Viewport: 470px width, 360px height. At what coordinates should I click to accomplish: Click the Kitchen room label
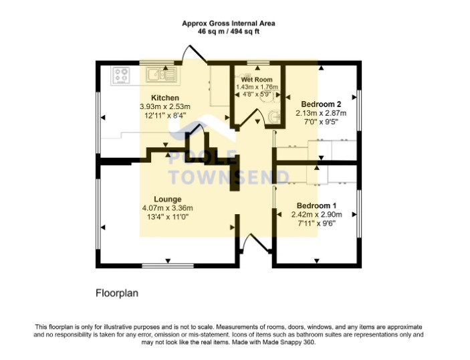(165, 98)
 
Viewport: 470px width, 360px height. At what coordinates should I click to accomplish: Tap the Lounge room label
(168, 199)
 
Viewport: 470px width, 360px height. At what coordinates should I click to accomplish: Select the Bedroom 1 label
(316, 206)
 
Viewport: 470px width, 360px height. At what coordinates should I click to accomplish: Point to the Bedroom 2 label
(321, 104)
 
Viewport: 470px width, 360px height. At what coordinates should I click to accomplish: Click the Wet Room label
(257, 80)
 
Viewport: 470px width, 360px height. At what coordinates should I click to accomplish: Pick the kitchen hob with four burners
(122, 75)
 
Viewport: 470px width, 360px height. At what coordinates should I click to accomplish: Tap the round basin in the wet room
(273, 116)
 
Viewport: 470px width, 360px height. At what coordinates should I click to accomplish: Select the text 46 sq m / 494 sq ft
(229, 31)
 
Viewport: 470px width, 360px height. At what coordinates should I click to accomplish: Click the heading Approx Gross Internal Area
(229, 23)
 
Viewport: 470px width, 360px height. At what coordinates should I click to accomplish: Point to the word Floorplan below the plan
(117, 293)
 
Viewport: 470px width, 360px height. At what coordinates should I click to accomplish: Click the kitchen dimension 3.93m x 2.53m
(165, 106)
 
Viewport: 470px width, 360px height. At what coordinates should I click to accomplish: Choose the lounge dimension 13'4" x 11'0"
(168, 217)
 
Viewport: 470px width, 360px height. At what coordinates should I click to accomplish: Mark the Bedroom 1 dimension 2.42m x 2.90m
(316, 215)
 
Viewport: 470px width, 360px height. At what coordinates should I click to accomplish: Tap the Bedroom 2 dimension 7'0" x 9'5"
(321, 122)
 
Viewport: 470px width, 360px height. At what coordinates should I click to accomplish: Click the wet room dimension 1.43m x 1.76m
(257, 87)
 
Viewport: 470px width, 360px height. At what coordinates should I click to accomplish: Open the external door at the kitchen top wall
(195, 54)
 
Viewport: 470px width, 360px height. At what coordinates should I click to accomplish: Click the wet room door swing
(251, 118)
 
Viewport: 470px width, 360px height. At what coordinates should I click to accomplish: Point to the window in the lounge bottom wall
(168, 266)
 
